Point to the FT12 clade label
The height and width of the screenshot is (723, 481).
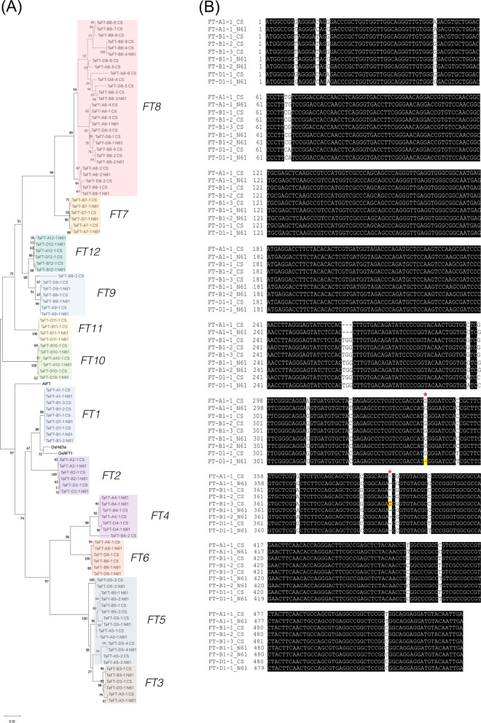coord(87,252)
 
